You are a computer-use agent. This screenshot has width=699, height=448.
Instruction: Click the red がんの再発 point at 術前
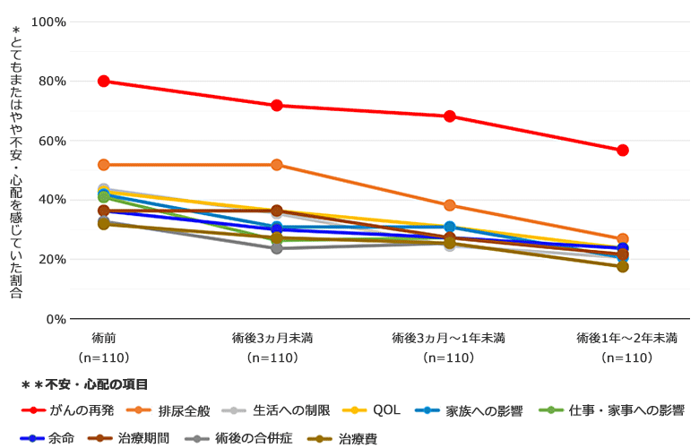click(x=104, y=81)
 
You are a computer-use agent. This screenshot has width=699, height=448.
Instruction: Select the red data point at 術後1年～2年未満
click(x=623, y=150)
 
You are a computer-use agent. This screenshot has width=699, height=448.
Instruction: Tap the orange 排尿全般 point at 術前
click(x=104, y=165)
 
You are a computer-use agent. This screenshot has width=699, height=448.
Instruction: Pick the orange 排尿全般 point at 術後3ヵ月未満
click(x=277, y=165)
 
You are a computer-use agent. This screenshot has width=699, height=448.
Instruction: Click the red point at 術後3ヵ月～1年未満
click(x=450, y=116)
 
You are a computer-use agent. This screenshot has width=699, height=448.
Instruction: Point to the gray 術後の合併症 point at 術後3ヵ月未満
click(x=277, y=248)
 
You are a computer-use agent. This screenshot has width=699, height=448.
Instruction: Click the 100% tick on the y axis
click(x=48, y=22)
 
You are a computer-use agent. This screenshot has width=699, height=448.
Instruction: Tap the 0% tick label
click(x=56, y=318)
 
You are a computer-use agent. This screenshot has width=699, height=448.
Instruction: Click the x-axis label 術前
click(x=104, y=338)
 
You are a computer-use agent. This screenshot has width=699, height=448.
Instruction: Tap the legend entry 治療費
click(x=358, y=439)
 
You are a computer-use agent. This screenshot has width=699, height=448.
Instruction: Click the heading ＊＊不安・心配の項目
click(x=84, y=384)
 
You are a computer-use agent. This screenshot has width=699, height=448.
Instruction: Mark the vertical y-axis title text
click(x=16, y=161)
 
